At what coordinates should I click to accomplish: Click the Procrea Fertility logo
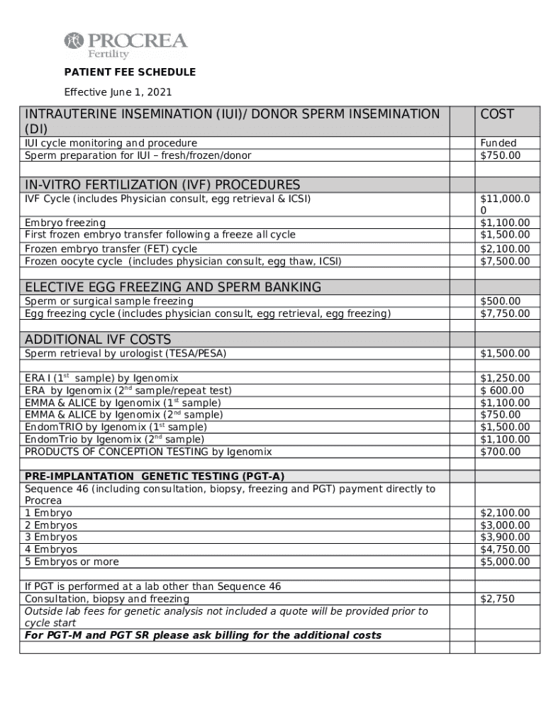126,45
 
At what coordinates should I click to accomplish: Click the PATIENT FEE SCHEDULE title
130,72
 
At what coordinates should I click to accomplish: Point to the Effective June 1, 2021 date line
118,92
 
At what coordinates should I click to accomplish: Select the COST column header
497,114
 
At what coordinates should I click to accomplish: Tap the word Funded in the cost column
498,143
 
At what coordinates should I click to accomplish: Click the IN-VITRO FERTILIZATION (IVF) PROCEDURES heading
162,184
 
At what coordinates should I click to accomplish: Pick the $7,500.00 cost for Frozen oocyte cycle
505,261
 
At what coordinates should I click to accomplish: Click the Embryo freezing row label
65,223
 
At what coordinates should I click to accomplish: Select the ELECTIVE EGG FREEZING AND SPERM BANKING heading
173,287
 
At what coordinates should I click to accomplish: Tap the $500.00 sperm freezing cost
500,301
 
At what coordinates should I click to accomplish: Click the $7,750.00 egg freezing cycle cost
505,313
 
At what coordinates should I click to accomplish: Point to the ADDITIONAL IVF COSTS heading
98,340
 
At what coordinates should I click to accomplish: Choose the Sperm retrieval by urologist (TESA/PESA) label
126,353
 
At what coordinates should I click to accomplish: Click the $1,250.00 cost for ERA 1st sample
505,379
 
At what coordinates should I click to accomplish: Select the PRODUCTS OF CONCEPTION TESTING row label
148,452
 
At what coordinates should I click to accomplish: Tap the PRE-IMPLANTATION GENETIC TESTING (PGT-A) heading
155,476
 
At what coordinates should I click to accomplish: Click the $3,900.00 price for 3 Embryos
505,537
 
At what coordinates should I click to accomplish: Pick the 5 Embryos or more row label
72,562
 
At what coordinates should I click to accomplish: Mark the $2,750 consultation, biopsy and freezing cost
497,599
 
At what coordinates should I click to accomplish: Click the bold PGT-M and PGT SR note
203,635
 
